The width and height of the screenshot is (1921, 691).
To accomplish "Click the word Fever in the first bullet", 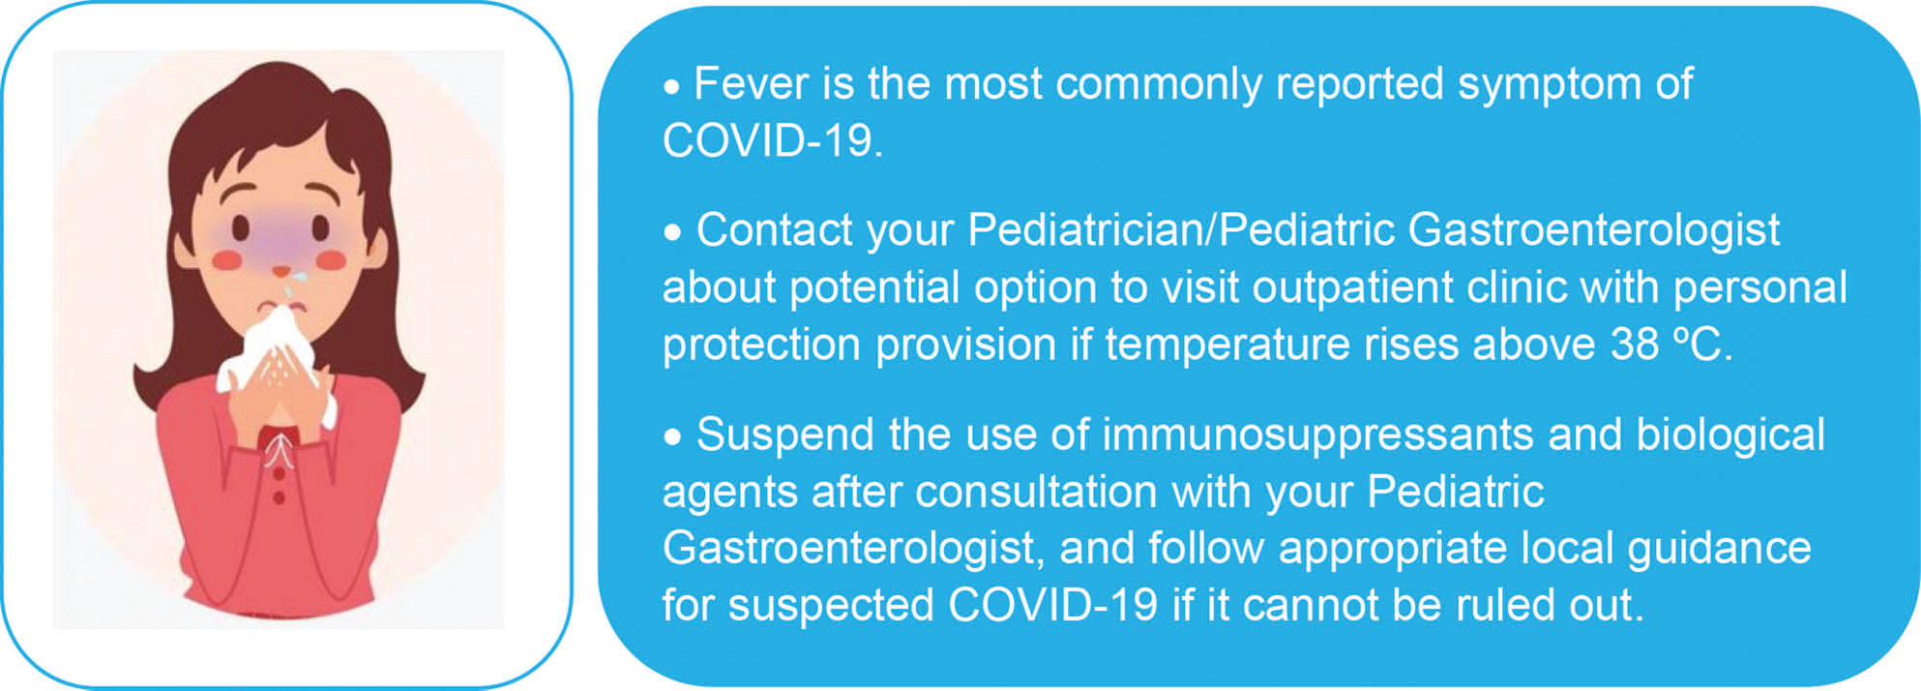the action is coord(751,83).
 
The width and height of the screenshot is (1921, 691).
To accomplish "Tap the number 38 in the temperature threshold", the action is coord(1635,345).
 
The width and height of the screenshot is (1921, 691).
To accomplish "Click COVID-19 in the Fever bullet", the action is coord(772,141).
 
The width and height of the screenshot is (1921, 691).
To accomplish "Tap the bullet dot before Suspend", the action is coord(672,437).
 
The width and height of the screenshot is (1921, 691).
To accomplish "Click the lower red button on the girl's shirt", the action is coord(279,497).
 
